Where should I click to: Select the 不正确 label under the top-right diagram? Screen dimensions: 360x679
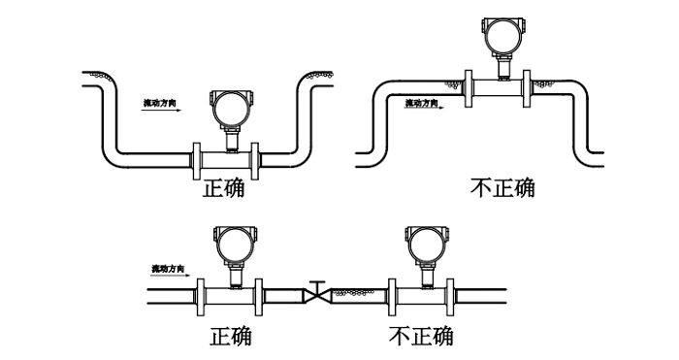point(501,187)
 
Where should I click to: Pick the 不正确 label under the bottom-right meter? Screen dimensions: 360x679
point(420,336)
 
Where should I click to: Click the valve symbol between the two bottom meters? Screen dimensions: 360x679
point(316,292)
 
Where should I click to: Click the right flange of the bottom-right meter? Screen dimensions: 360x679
point(452,293)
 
